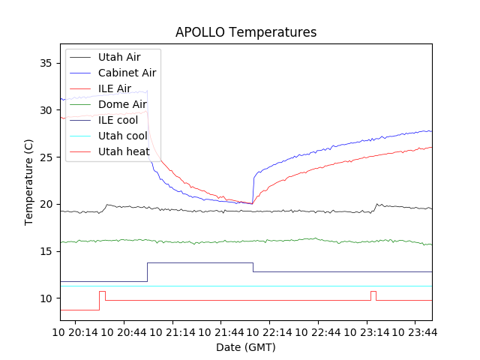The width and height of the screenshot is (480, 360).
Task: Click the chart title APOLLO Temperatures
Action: [246, 32]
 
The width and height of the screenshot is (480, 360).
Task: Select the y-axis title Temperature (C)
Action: [28, 182]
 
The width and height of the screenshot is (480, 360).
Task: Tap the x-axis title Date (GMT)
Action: [246, 347]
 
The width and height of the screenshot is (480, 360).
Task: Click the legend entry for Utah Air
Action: [119, 56]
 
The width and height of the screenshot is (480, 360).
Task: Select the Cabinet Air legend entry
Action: [127, 73]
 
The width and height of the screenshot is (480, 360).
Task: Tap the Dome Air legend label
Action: [122, 104]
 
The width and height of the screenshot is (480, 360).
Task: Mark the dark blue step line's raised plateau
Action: [199, 263]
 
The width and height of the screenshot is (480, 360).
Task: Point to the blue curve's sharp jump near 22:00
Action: [253, 187]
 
